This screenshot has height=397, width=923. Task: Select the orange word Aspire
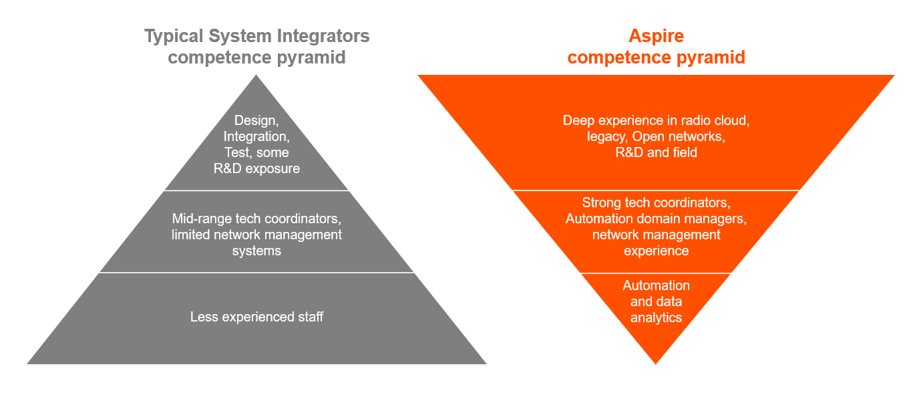click(x=656, y=35)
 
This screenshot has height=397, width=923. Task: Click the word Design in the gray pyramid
click(x=254, y=121)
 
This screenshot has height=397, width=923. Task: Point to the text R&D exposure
click(x=256, y=168)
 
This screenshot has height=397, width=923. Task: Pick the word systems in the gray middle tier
click(x=256, y=251)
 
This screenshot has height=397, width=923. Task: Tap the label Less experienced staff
click(x=256, y=317)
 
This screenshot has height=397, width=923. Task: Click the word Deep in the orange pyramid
click(x=578, y=121)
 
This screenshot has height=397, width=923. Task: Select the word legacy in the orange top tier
click(x=604, y=137)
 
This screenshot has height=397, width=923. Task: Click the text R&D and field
click(x=656, y=153)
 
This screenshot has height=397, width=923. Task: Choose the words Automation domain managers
click(x=656, y=219)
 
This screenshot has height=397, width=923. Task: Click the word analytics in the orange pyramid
click(x=656, y=317)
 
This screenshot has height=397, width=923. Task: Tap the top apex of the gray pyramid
click(x=256, y=76)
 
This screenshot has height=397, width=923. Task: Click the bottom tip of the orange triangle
click(x=656, y=363)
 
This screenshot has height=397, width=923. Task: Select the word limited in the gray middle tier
click(x=190, y=235)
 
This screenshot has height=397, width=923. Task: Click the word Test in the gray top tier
click(x=237, y=153)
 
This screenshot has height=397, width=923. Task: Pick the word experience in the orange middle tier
click(x=656, y=251)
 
